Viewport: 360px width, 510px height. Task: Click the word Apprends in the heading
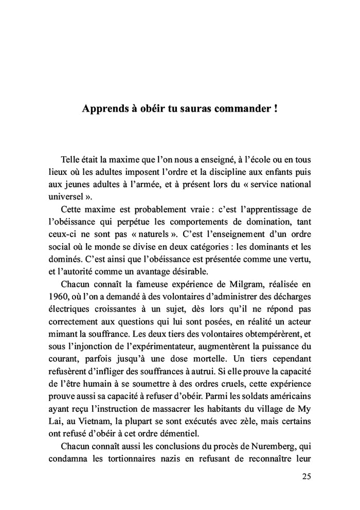pyautogui.click(x=103, y=110)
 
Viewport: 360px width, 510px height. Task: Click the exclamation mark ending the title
pyautogui.click(x=276, y=110)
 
